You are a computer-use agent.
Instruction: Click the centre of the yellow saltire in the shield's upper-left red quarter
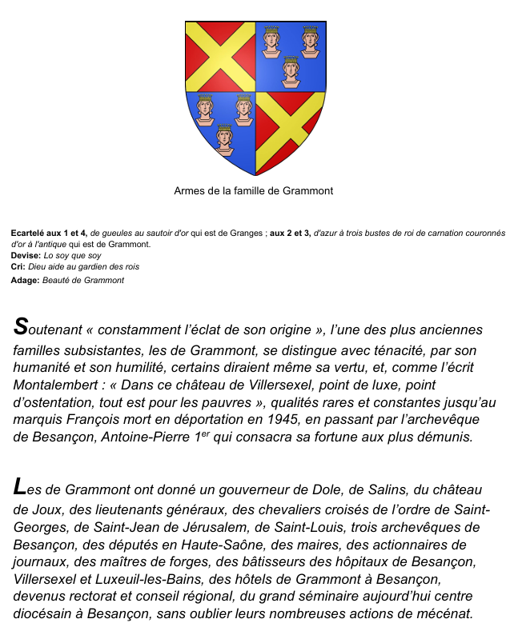coord(219,56)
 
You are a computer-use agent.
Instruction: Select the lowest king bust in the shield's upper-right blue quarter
coord(291,71)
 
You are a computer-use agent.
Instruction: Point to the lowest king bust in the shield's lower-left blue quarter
coord(224,138)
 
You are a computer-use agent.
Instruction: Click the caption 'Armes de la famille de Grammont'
coord(253,191)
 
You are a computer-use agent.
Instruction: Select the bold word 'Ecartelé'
coord(30,233)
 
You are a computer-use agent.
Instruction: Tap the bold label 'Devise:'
coord(26,255)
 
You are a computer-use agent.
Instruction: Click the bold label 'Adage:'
coord(25,280)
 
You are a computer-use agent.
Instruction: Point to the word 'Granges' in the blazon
coord(246,233)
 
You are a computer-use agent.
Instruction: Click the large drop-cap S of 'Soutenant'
coord(21,328)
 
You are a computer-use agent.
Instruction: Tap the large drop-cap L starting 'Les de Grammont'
coord(21,488)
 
